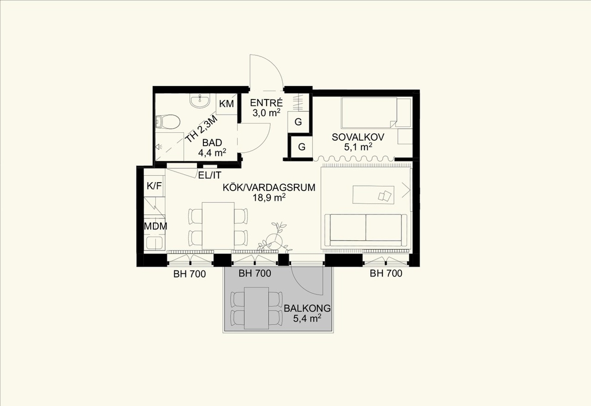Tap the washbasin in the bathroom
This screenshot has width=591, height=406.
[200, 101]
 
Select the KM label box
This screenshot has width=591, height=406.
[226, 104]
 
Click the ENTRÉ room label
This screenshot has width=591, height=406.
[266, 103]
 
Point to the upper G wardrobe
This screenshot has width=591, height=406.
[298, 122]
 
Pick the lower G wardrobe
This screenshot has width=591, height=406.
[302, 147]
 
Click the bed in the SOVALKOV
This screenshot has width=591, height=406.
[376, 113]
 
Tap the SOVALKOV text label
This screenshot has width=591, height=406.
[358, 137]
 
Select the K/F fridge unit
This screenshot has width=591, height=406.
[154, 186]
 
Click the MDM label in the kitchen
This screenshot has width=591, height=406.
[155, 226]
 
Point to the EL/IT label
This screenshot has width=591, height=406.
[210, 175]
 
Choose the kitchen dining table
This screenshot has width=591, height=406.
[218, 226]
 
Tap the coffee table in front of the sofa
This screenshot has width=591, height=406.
[373, 194]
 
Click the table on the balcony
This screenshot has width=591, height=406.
[256, 308]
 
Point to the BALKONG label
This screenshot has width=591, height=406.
[307, 308]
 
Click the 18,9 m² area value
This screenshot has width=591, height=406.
[269, 197]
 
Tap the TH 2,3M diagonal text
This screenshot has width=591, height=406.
[202, 129]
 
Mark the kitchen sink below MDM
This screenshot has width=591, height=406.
[155, 242]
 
